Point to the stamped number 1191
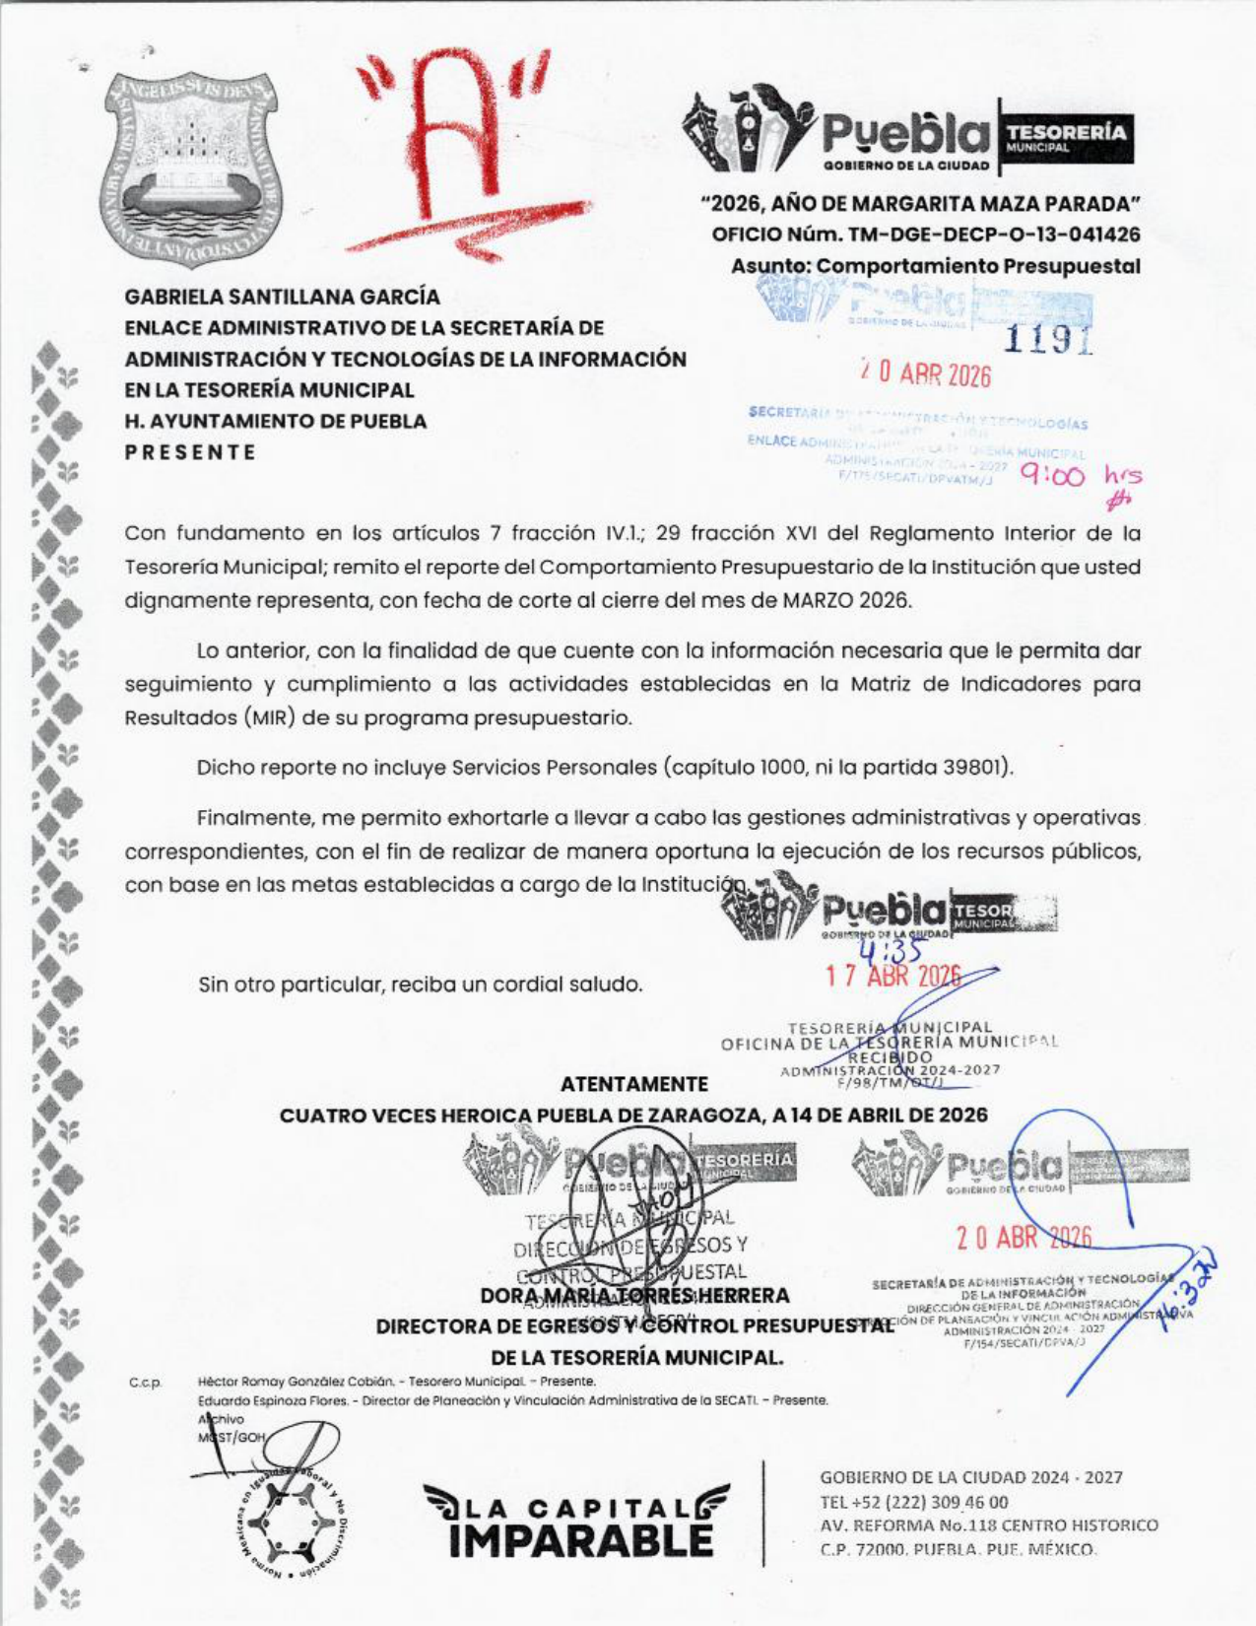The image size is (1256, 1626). point(1048,338)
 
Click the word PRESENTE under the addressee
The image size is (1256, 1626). point(190,452)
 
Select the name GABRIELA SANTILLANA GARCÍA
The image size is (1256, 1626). point(282,297)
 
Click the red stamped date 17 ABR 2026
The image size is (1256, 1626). point(892,977)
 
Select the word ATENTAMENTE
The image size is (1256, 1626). point(633,1084)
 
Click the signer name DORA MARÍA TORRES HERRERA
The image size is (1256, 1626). point(634,1295)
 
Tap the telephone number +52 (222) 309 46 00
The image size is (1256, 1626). point(913,1502)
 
